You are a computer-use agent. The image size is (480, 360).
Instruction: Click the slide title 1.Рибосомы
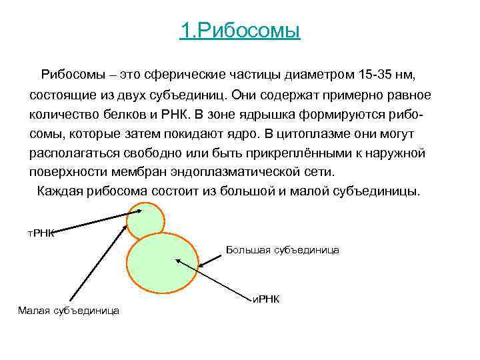(x=240, y=31)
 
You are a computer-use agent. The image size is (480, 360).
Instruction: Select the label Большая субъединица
(x=283, y=250)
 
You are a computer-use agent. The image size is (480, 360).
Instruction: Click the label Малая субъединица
(x=69, y=310)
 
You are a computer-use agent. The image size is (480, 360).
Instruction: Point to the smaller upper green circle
(x=145, y=220)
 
